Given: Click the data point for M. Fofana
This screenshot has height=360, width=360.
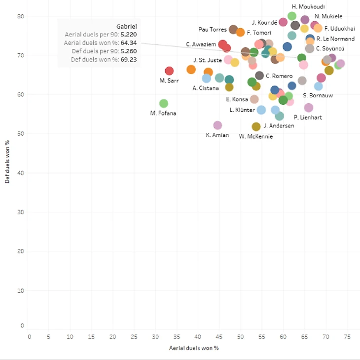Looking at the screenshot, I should point(164,104).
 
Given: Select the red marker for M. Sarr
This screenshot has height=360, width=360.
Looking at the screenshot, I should point(169,71).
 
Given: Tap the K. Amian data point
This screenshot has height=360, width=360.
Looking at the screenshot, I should point(217,125).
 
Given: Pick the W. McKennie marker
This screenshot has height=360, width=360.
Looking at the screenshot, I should point(256,127).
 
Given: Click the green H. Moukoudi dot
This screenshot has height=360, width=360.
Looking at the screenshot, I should point(292,16).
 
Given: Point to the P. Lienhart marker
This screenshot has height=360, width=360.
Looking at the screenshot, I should point(309,108).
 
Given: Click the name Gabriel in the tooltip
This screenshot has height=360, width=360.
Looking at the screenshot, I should point(126,26).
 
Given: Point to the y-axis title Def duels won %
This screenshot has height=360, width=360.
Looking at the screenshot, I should point(7,161).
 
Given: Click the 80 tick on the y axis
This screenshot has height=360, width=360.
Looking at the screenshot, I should point(20,16).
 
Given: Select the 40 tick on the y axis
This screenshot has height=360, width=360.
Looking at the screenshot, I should point(20,173).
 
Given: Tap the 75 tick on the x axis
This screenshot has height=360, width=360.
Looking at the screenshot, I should point(347,337).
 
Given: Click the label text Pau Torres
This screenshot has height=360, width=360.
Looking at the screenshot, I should point(212,30).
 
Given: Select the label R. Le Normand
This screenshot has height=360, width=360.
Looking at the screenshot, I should point(335,39).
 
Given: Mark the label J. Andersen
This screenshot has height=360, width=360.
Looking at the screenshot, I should point(279,126).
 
